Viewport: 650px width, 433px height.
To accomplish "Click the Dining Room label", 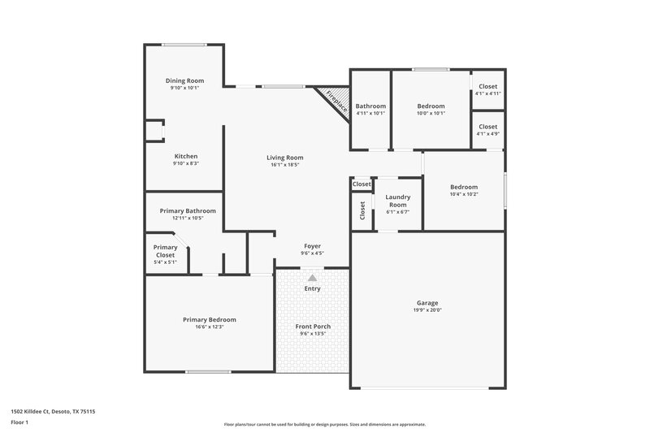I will click(x=184, y=80).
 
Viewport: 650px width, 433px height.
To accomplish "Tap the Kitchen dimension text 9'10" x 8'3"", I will click(x=185, y=163).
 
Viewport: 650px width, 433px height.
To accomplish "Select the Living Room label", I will click(x=284, y=157).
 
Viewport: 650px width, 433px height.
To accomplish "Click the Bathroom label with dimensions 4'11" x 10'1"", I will click(x=370, y=106).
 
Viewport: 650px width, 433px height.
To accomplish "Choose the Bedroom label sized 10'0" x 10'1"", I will click(x=431, y=106).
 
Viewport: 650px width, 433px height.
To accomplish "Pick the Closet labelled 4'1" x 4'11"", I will click(x=487, y=86).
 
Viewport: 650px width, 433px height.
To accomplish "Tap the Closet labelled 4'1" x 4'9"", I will click(x=487, y=127).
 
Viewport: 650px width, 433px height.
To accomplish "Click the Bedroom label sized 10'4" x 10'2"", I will click(x=464, y=187).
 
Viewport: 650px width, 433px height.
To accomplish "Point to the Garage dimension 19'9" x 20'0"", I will click(x=427, y=310).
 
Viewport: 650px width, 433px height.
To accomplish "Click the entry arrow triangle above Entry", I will click(x=312, y=278).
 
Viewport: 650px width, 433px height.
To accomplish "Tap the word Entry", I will click(x=312, y=288).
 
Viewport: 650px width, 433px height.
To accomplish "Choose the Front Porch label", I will click(x=312, y=326).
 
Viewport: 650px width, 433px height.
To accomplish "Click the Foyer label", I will click(x=312, y=245).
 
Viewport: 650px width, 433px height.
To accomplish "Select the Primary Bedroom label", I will click(x=209, y=319).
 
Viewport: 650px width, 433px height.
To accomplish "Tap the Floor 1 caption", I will click(x=20, y=423).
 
